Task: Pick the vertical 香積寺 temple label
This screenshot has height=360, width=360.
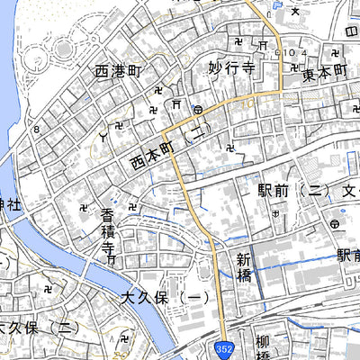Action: pyautogui.click(x=107, y=232)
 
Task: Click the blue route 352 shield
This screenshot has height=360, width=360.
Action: pyautogui.click(x=222, y=347)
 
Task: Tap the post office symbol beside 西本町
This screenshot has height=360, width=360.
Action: pyautogui.click(x=197, y=110)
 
